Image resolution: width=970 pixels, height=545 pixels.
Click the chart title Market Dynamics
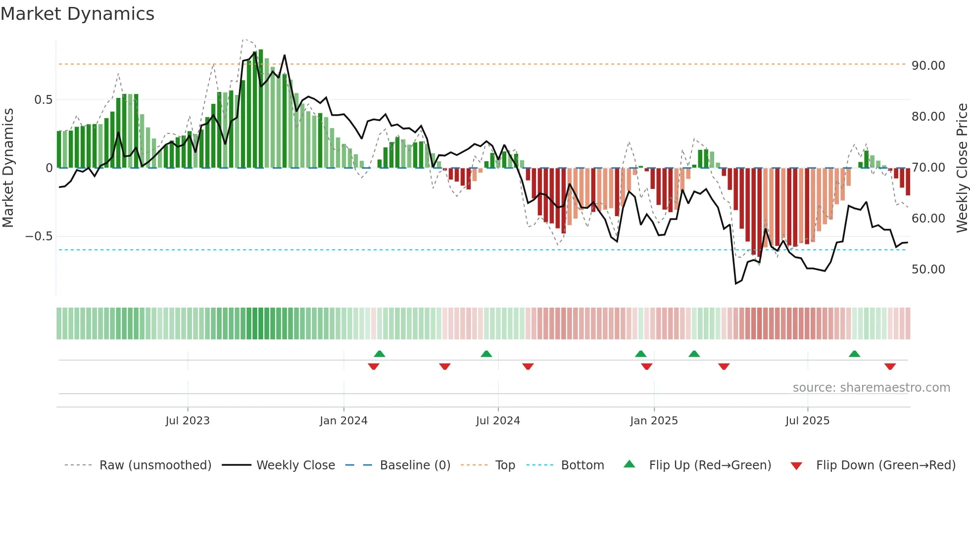tap(77, 14)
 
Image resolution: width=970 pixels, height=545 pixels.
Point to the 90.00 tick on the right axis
tap(928, 66)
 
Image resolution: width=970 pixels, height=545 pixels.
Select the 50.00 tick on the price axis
tap(928, 270)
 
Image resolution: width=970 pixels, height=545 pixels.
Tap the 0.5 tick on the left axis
tap(43, 100)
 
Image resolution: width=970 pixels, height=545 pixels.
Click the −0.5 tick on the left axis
tap(39, 236)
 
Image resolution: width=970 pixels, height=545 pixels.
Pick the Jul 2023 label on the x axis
tap(188, 421)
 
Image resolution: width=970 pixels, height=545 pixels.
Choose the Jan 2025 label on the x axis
tap(654, 421)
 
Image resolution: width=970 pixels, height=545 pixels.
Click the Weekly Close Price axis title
tap(962, 168)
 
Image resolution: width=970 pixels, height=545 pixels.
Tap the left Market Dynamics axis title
tap(8, 168)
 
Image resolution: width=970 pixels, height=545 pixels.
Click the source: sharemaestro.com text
tap(871, 388)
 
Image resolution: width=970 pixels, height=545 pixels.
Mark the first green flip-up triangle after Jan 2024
tap(380, 354)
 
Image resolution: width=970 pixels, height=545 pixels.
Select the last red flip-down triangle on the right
tap(890, 366)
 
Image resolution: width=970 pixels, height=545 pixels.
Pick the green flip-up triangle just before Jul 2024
tap(486, 354)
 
